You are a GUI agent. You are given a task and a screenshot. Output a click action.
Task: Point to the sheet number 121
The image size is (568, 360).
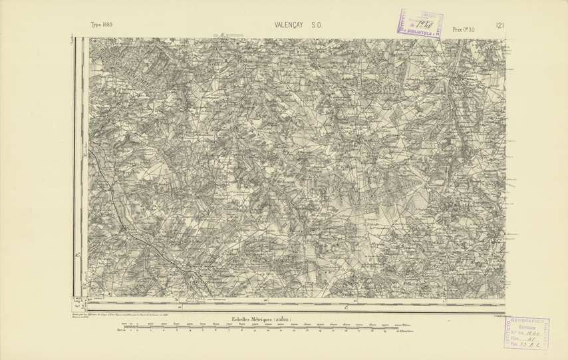(x=499, y=26)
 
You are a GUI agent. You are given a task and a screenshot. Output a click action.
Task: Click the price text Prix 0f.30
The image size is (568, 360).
(x=464, y=29)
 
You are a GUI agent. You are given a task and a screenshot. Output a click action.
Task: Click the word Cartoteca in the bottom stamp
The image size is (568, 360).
(x=531, y=326)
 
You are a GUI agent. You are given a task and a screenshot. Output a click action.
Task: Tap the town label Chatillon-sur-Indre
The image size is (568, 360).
(x=205, y=282)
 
